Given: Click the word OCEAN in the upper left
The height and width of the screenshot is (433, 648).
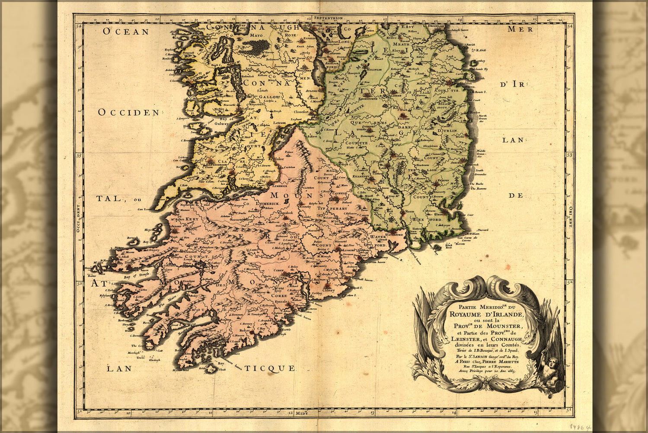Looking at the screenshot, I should click(x=126, y=32).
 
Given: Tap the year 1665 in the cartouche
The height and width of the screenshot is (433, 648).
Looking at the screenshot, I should click(x=514, y=371).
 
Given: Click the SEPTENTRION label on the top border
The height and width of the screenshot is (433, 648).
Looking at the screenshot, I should click(x=329, y=18).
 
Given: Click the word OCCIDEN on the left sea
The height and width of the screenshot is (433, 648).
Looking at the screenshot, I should click(x=128, y=113).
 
